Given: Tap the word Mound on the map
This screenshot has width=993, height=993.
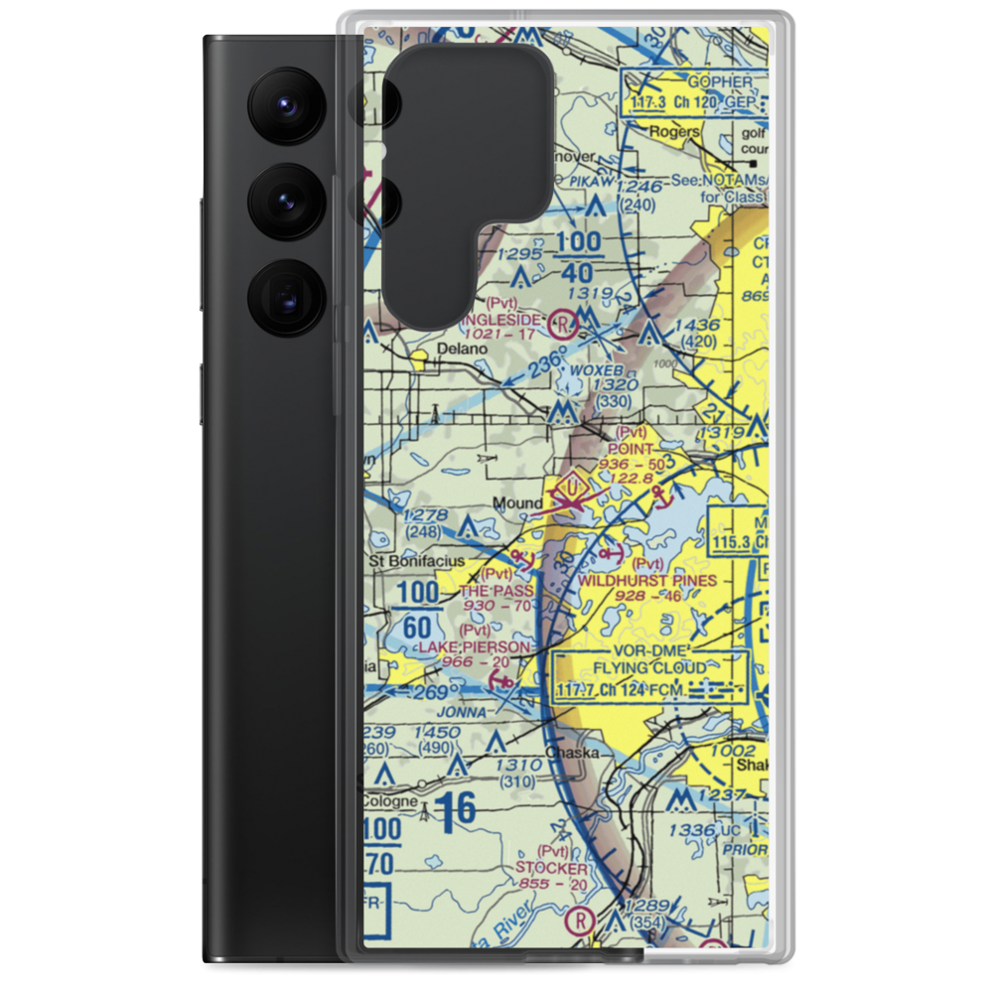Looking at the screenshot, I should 518,504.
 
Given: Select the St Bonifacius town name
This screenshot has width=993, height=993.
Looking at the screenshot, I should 417,561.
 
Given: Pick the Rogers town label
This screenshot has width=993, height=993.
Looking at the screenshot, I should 674,131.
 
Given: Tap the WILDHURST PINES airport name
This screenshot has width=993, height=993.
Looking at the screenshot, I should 646,580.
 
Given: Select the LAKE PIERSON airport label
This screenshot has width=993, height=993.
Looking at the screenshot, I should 474,646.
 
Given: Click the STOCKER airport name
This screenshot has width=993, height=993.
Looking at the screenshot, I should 551,868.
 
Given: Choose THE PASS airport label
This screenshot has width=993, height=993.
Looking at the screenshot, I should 496,590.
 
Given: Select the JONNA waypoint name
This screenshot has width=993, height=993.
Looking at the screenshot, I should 466,712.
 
